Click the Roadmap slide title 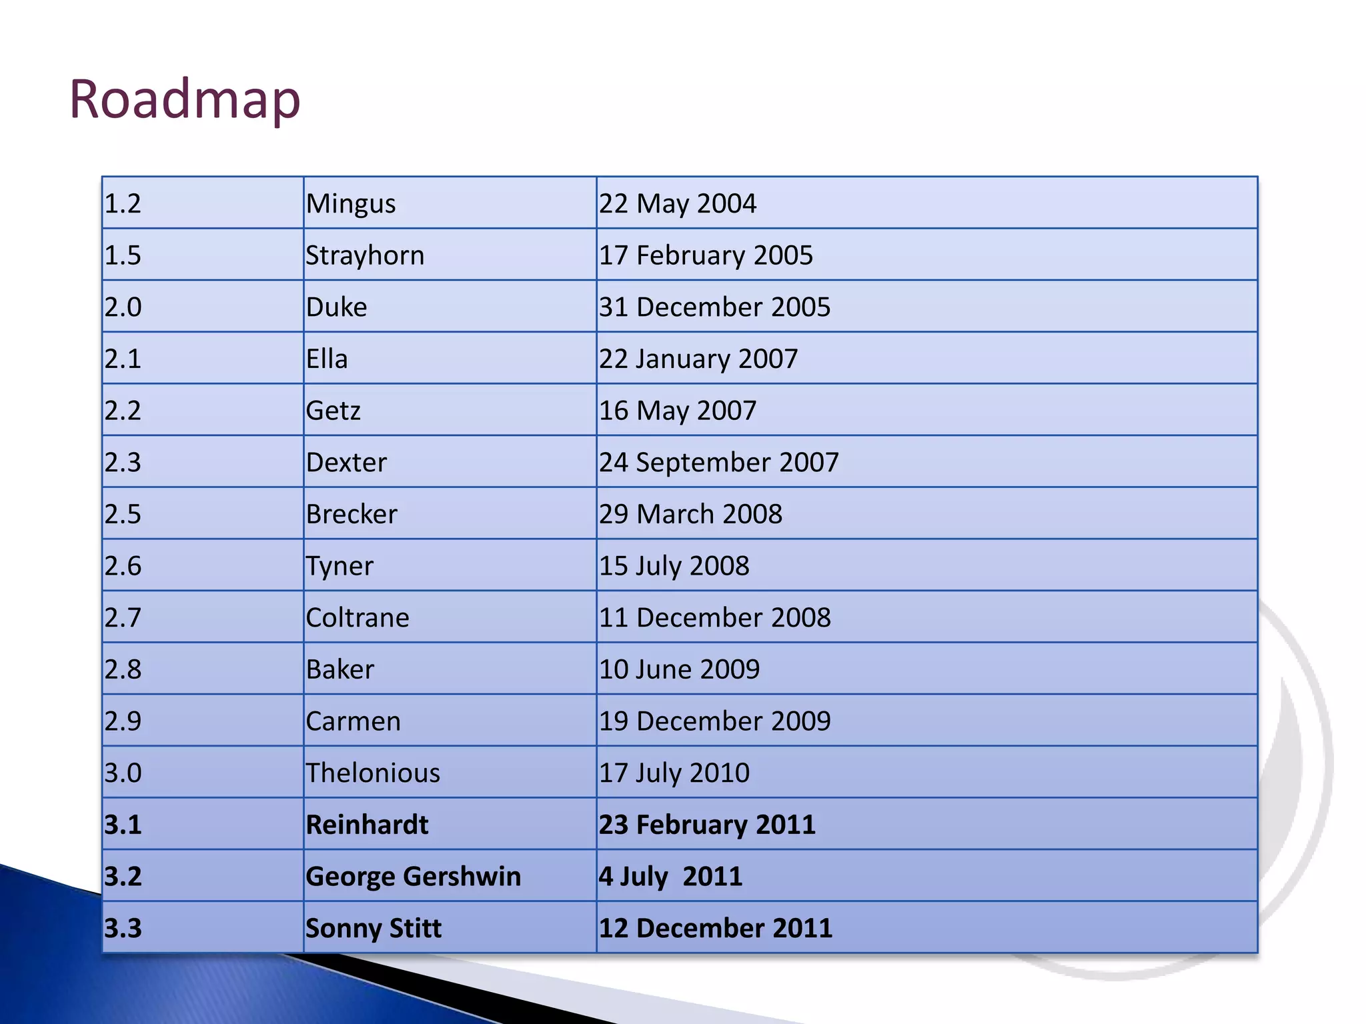[x=185, y=100]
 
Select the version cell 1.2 [x=123, y=203]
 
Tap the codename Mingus [x=351, y=203]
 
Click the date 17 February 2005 [x=706, y=255]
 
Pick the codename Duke [x=336, y=307]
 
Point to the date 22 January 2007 [x=698, y=359]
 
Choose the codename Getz [x=333, y=411]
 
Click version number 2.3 [x=123, y=462]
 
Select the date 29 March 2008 [x=690, y=514]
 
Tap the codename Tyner [x=339, y=566]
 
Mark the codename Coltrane [x=358, y=617]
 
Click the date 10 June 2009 [x=679, y=669]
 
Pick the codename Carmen [x=353, y=721]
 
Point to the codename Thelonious [x=373, y=773]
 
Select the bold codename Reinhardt [x=367, y=825]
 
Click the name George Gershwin [x=413, y=876]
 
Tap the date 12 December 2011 [x=715, y=928]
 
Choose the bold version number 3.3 [x=123, y=928]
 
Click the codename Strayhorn [x=365, y=255]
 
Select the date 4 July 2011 [x=670, y=876]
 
